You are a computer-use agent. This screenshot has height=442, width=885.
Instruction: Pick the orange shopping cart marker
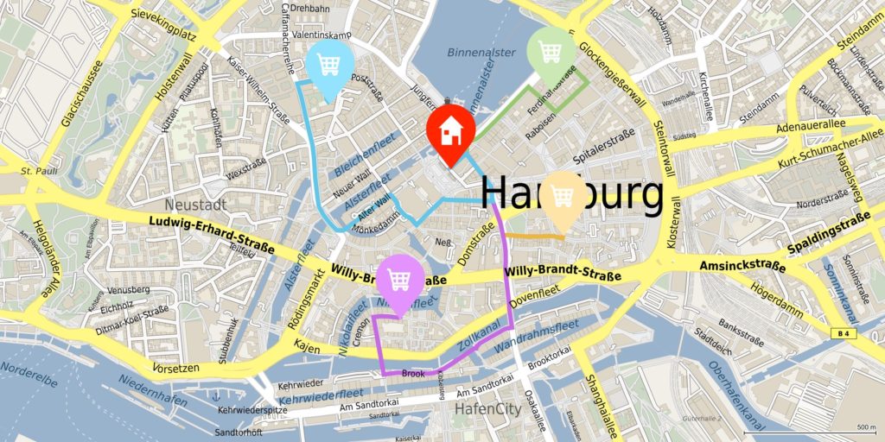[x=563, y=197]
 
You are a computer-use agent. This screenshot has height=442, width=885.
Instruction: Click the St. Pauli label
[x=40, y=171]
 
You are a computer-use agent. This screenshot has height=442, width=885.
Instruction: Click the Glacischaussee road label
[x=81, y=95]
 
